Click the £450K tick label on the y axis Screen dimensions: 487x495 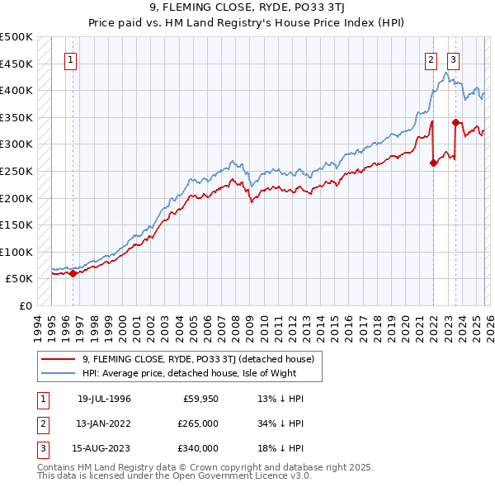coord(16,64)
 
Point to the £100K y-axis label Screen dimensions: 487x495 coord(16,252)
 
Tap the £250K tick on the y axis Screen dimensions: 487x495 coord(16,171)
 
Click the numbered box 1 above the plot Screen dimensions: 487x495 coord(72,59)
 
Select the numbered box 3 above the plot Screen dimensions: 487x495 coord(454,59)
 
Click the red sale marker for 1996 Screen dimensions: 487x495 coord(73,274)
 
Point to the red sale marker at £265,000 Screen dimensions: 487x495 coord(433,163)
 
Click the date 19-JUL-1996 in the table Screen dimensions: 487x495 coord(104,399)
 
